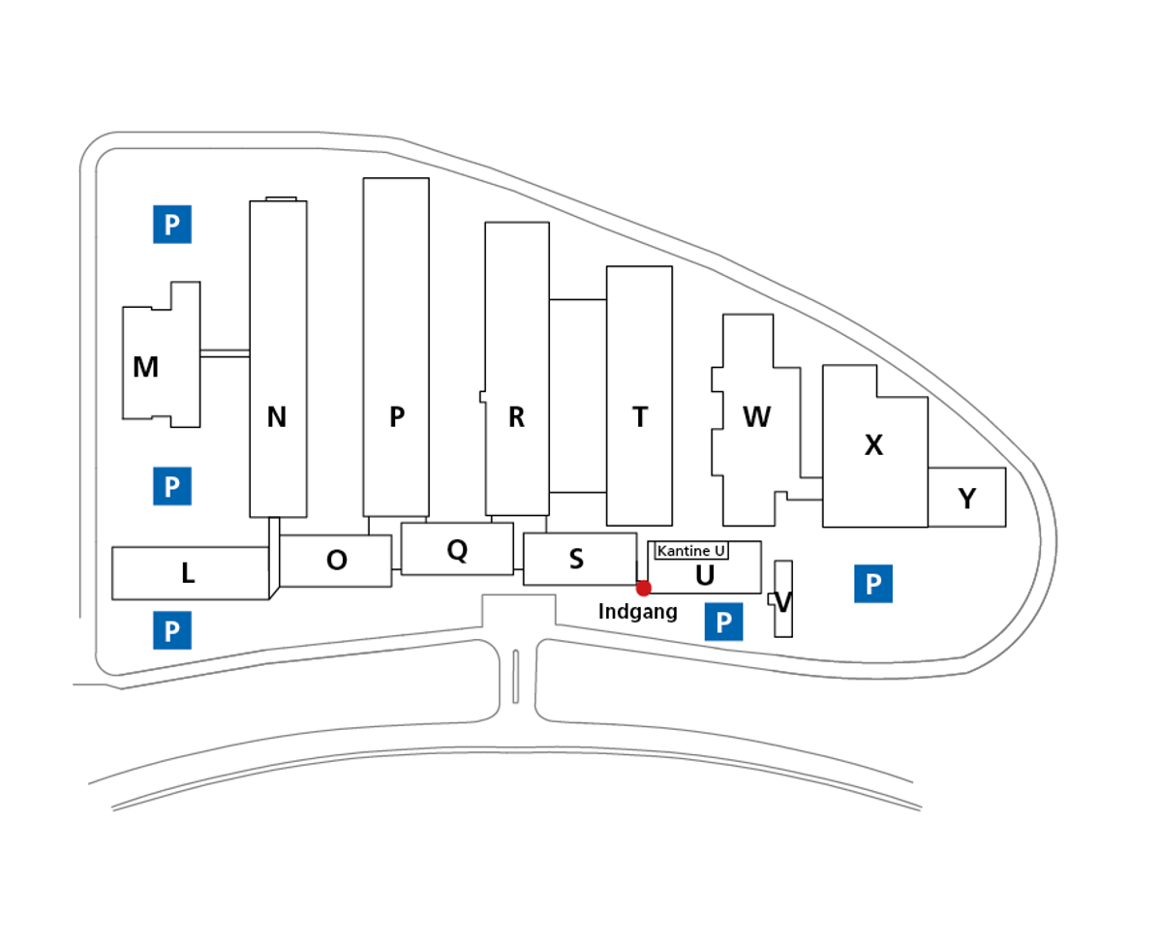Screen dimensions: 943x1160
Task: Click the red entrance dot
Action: pos(643,588)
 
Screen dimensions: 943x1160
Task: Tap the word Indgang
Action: pos(637,612)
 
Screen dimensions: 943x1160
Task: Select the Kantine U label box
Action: pos(691,551)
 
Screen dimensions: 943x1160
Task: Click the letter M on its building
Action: pos(145,368)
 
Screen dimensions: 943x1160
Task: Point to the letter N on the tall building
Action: pos(277,417)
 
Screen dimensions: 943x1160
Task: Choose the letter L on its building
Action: pos(188,573)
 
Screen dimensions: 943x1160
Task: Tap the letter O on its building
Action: pos(336,561)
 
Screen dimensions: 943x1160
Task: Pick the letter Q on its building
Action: pos(457,550)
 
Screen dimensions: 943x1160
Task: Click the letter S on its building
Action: pos(576,560)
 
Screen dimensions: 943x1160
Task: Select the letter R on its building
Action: pos(516,417)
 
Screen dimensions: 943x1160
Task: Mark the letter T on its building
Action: pos(639,417)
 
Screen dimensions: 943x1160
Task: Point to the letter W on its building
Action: pos(756,417)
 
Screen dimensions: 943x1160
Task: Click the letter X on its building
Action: pos(873,445)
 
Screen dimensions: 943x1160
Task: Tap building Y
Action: pos(966,499)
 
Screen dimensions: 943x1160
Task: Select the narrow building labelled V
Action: pos(783,601)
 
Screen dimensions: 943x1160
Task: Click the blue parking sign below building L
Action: pos(171,631)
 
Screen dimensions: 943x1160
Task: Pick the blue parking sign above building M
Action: pos(171,225)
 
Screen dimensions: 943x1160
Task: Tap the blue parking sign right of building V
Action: pos(872,584)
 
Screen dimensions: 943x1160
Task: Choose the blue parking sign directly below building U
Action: pos(723,623)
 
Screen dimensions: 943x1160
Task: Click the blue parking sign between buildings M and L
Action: pos(171,486)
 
